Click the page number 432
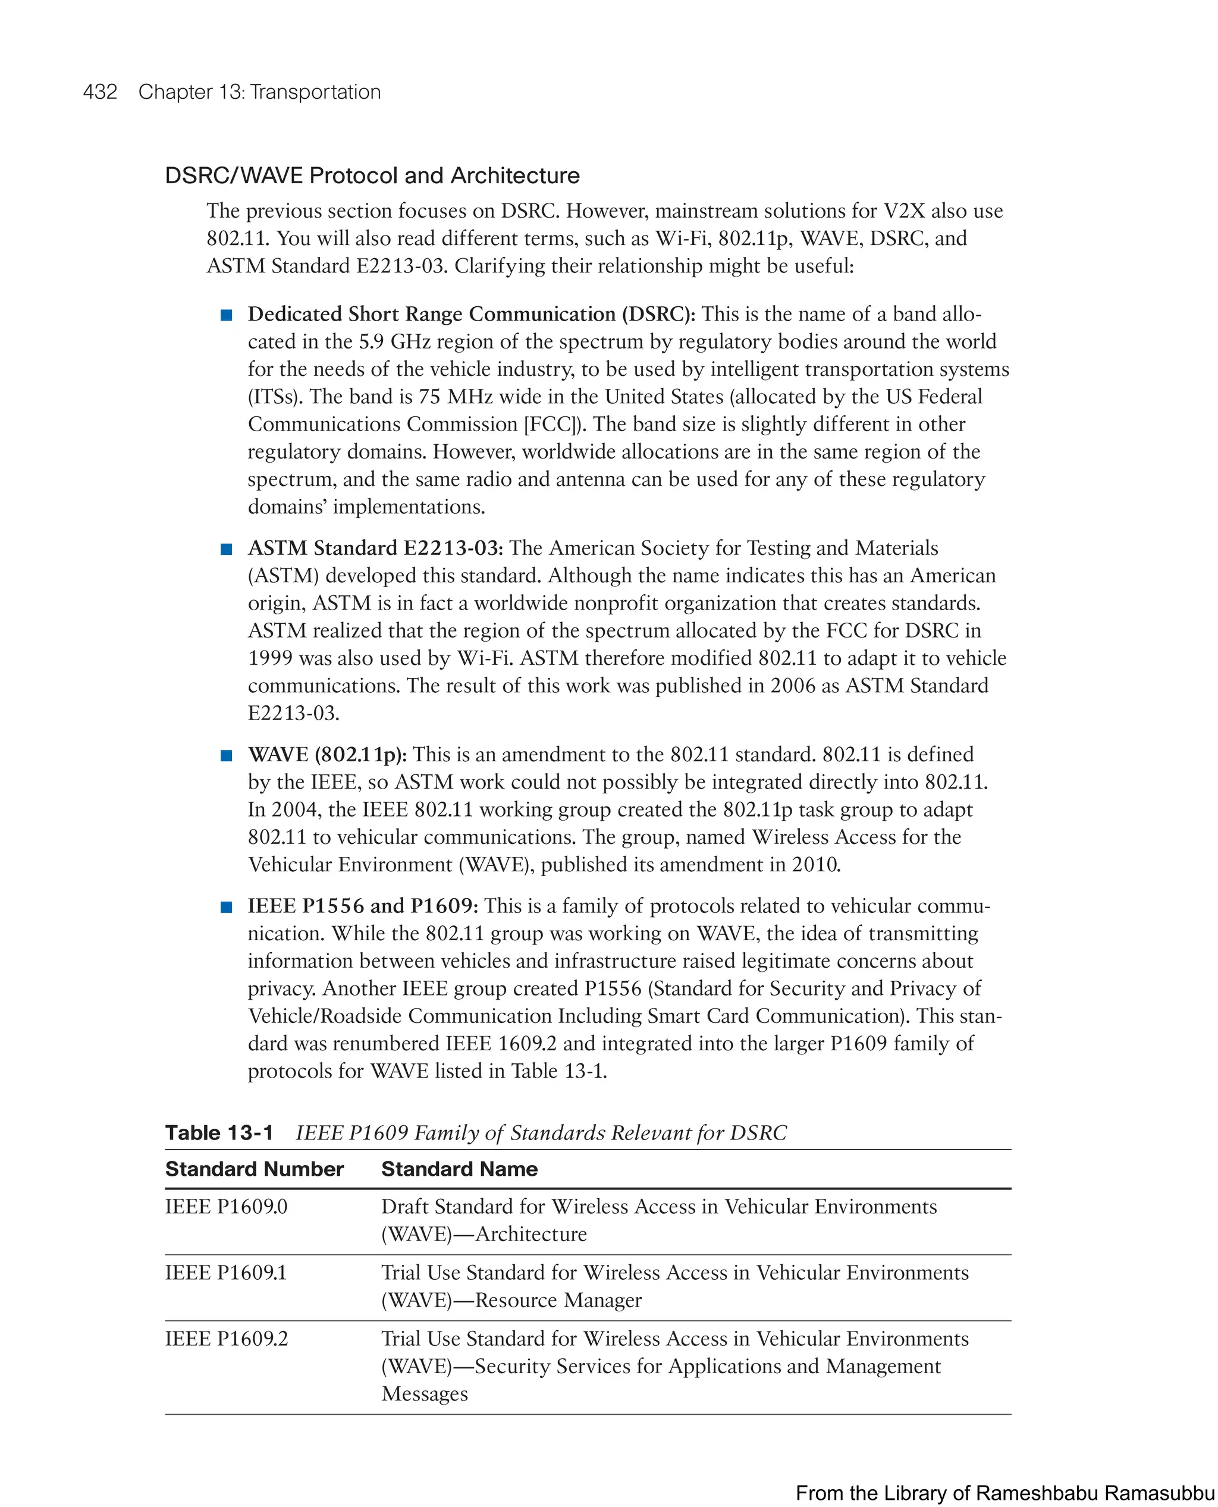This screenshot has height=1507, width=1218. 100,92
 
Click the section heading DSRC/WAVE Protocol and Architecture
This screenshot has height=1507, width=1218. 372,175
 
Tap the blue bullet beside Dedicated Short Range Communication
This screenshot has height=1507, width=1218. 227,315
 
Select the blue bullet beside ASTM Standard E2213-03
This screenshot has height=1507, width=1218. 227,549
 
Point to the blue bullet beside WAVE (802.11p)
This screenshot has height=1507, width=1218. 227,756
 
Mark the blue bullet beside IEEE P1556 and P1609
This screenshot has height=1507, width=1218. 227,907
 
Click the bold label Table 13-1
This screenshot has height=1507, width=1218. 219,1133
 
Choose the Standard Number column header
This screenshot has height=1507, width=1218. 254,1170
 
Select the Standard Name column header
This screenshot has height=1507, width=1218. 460,1170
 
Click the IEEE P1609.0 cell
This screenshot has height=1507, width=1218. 226,1207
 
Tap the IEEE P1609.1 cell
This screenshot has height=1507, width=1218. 226,1273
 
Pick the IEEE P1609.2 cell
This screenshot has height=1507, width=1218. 226,1339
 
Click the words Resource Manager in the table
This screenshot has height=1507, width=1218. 558,1300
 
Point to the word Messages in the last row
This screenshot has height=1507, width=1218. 425,1393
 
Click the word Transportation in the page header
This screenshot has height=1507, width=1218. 315,92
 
